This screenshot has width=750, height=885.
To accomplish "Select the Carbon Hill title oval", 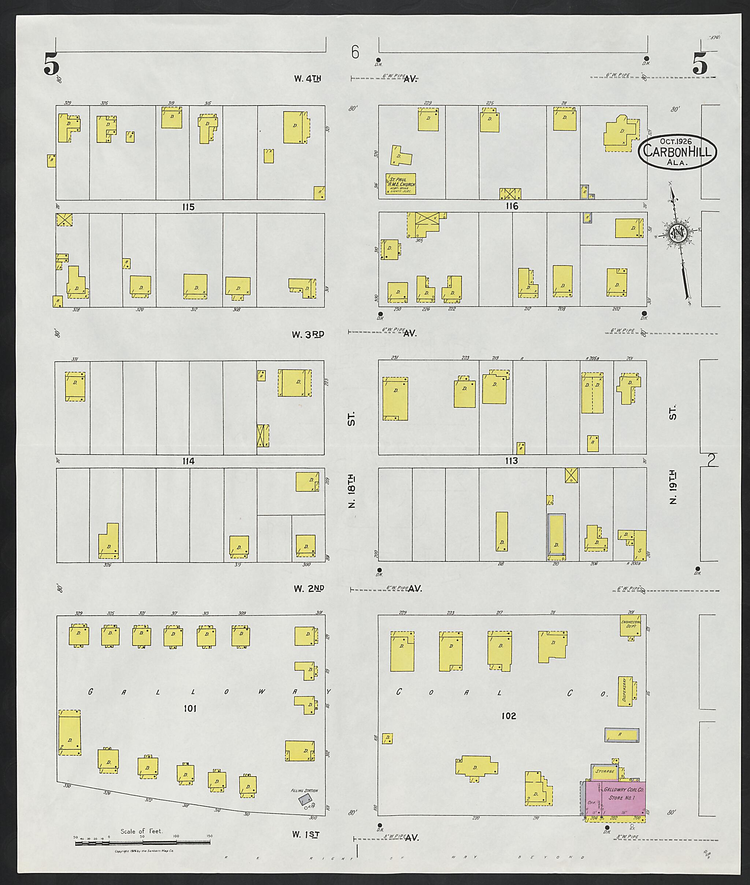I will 677,152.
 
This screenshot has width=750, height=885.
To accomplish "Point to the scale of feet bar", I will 143,843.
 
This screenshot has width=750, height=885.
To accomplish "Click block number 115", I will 188,207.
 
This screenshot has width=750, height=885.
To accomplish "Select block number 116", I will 512,206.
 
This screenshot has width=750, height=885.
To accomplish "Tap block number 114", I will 188,461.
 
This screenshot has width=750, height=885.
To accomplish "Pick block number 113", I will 511,461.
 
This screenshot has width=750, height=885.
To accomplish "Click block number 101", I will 190,708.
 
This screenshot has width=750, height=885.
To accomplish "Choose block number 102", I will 509,716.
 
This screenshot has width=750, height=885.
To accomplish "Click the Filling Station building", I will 305,800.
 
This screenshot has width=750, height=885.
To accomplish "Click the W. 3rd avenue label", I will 308,335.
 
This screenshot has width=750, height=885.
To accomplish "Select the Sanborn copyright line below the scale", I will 144,851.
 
